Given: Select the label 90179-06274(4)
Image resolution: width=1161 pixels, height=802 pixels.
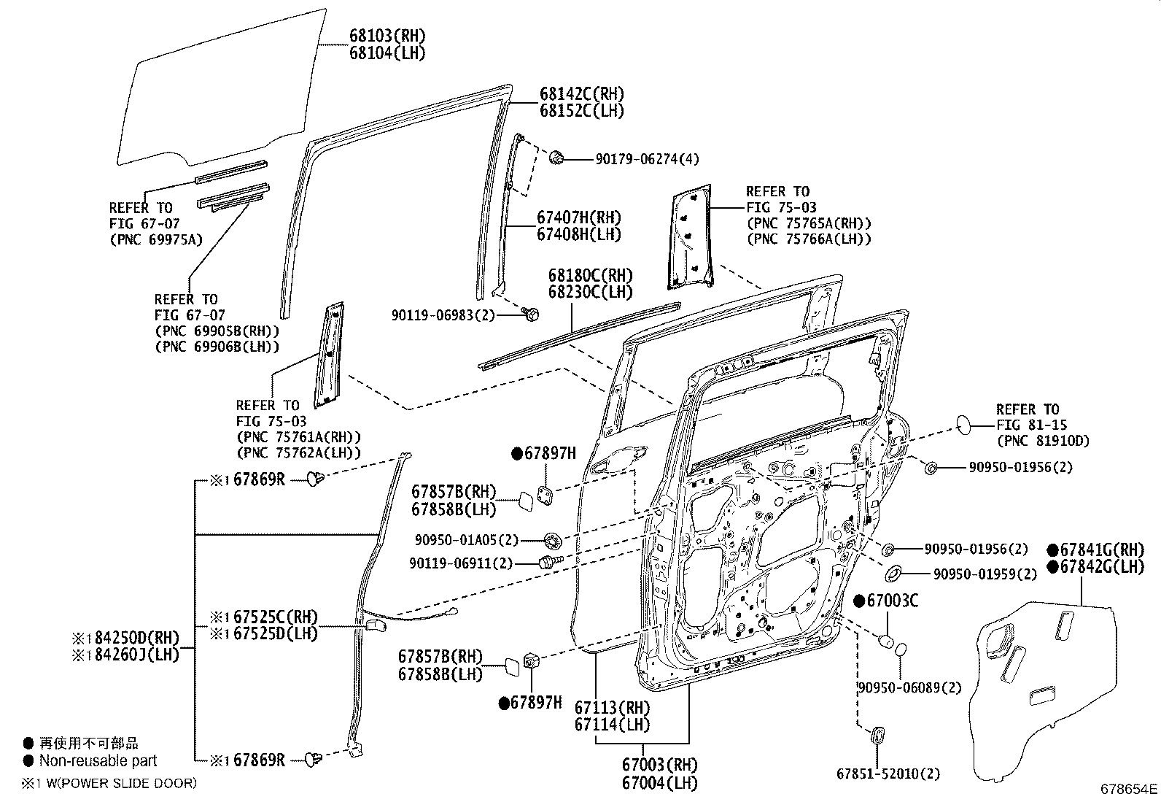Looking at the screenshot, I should [637, 159].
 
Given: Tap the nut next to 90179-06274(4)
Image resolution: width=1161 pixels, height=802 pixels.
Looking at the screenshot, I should [556, 156].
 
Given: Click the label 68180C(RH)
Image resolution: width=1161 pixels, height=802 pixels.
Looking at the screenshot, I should [590, 276].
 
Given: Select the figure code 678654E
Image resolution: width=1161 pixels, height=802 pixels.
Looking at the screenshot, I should [1129, 789].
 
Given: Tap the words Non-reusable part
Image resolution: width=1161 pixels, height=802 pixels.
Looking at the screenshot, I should [98, 761].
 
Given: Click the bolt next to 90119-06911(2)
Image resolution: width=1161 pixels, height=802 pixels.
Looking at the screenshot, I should [547, 563].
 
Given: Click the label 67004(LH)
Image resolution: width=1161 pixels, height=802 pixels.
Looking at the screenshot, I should [659, 784].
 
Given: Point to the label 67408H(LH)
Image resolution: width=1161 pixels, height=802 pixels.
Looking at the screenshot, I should [578, 234].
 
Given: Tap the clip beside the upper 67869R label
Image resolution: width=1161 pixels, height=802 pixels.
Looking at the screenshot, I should [315, 479].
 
